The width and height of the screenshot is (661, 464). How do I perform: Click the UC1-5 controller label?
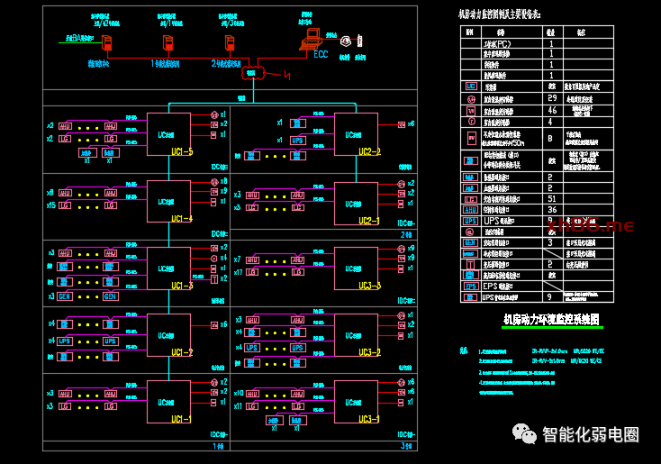pyautogui.click(x=181, y=151)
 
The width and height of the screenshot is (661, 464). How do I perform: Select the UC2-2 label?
pyautogui.click(x=369, y=151)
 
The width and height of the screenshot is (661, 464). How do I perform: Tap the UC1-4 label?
pyautogui.click(x=181, y=219)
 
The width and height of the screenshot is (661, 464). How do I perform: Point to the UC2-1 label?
pyautogui.click(x=369, y=220)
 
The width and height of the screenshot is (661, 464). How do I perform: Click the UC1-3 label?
pyautogui.click(x=181, y=286)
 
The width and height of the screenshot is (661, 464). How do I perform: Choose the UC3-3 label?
pyautogui.click(x=369, y=286)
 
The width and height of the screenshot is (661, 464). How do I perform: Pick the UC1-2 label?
pyautogui.click(x=181, y=352)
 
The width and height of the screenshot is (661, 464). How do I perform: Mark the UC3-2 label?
pyautogui.click(x=369, y=352)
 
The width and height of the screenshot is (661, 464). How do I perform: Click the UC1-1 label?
pyautogui.click(x=181, y=419)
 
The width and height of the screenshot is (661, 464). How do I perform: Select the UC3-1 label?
pyautogui.click(x=369, y=419)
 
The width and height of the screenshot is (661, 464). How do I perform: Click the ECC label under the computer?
pyautogui.click(x=320, y=54)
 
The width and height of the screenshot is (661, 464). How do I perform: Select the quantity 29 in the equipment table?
pyautogui.click(x=552, y=98)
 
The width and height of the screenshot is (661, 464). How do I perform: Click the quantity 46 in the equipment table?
pyautogui.click(x=552, y=110)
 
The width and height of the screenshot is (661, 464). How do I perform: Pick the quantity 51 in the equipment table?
pyautogui.click(x=552, y=198)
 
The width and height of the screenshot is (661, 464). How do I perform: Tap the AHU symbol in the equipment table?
pyautogui.click(x=470, y=209)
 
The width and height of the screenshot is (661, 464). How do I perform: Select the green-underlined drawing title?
pyautogui.click(x=550, y=320)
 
